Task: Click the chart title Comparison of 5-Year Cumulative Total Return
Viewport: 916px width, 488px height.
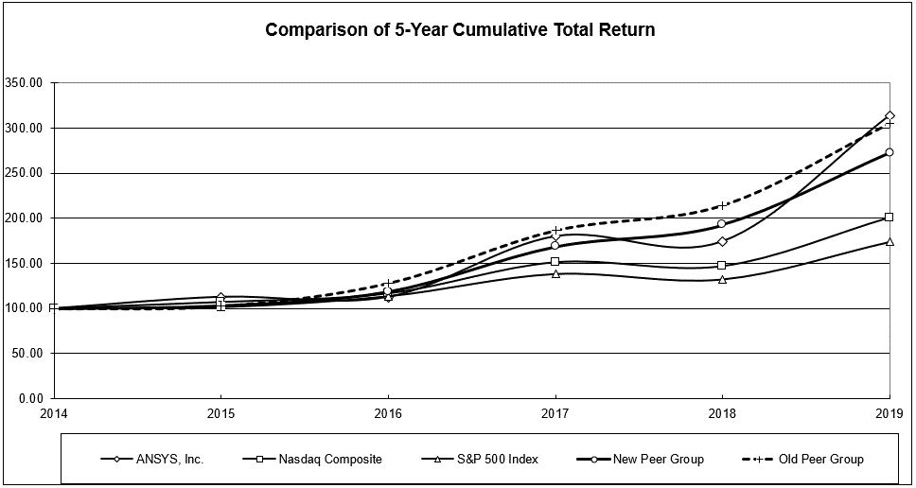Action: click(x=460, y=30)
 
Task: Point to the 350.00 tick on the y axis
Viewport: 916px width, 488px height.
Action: click(x=25, y=82)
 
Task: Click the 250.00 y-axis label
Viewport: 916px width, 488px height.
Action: click(x=25, y=173)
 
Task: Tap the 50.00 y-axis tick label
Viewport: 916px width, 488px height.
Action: click(x=27, y=353)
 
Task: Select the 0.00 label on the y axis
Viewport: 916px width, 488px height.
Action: click(x=31, y=398)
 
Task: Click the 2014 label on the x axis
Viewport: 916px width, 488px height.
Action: click(x=54, y=413)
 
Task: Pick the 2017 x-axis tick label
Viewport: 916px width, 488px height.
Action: click(x=555, y=413)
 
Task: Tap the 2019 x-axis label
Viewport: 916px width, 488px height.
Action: click(x=890, y=413)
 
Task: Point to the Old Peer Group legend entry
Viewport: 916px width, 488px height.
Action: click(x=819, y=460)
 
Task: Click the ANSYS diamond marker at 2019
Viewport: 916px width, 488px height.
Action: click(x=890, y=115)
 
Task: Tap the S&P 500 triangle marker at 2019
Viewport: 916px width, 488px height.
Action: click(x=890, y=241)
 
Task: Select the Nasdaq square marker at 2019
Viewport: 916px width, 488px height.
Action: click(x=890, y=218)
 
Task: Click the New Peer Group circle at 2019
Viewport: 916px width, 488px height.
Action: click(x=890, y=152)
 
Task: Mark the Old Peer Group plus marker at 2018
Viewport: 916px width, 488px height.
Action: click(x=723, y=205)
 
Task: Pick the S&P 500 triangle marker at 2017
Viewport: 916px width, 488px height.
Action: click(x=555, y=273)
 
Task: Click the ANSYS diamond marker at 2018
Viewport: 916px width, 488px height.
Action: click(x=723, y=241)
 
